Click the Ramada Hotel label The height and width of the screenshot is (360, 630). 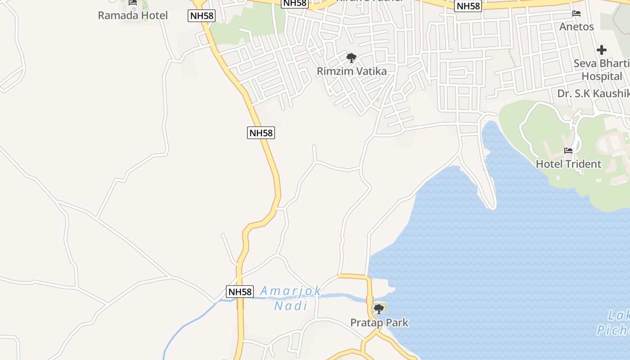tap(133, 15)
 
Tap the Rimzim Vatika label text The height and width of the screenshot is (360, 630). tap(351, 71)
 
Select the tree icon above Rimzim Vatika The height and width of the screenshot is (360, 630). tap(351, 58)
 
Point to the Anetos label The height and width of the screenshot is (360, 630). tap(576, 27)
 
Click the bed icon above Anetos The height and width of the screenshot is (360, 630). tap(576, 13)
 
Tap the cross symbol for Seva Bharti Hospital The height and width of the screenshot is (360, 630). tap(602, 50)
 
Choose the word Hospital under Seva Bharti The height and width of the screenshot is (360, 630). tap(602, 76)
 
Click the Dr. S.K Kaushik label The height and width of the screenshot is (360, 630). tap(593, 93)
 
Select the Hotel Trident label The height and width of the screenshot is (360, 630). tap(568, 164)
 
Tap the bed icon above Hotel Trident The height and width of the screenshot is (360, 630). tap(568, 151)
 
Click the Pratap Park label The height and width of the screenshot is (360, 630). tap(379, 322)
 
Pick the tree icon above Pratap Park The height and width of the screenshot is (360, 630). tap(379, 309)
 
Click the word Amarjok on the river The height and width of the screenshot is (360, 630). tap(291, 291)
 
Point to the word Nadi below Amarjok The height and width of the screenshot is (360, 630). tap(291, 306)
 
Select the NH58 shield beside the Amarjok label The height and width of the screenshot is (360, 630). tap(240, 292)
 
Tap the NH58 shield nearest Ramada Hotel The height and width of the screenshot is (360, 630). tap(202, 16)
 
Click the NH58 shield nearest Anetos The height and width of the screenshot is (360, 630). tap(468, 6)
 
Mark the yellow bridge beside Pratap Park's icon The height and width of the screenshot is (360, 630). tap(370, 300)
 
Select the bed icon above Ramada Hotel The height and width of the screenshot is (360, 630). tap(133, 3)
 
